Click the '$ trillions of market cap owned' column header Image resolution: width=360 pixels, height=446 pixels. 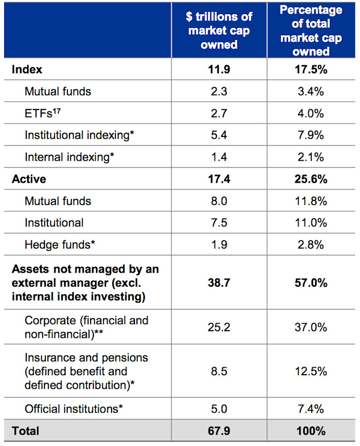pyautogui.click(x=219, y=30)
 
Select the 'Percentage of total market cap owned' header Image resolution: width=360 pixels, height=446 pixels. pyautogui.click(x=311, y=30)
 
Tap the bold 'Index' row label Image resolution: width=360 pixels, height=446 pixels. pyautogui.click(x=27, y=69)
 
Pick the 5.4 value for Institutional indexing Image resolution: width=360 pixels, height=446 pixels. pyautogui.click(x=219, y=135)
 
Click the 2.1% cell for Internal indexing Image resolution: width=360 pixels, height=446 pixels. pyautogui.click(x=311, y=157)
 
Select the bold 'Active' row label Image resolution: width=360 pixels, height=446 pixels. pyautogui.click(x=29, y=179)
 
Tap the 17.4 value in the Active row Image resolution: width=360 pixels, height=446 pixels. pyautogui.click(x=219, y=179)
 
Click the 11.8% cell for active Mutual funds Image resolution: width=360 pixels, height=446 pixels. pyautogui.click(x=311, y=201)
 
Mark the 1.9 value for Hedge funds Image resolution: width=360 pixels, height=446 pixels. pyautogui.click(x=219, y=245)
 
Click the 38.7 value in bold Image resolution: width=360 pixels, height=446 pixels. pyautogui.click(x=219, y=283)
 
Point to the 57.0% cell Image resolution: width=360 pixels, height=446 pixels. pyautogui.click(x=311, y=283)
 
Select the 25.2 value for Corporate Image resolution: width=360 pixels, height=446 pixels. pyautogui.click(x=219, y=327)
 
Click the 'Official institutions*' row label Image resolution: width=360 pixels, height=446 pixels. pyautogui.click(x=74, y=409)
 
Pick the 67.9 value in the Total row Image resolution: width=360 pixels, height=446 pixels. pyautogui.click(x=219, y=431)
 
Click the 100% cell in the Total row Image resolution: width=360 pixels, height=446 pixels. pyautogui.click(x=311, y=431)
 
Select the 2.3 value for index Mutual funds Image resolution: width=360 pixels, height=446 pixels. pyautogui.click(x=219, y=91)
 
